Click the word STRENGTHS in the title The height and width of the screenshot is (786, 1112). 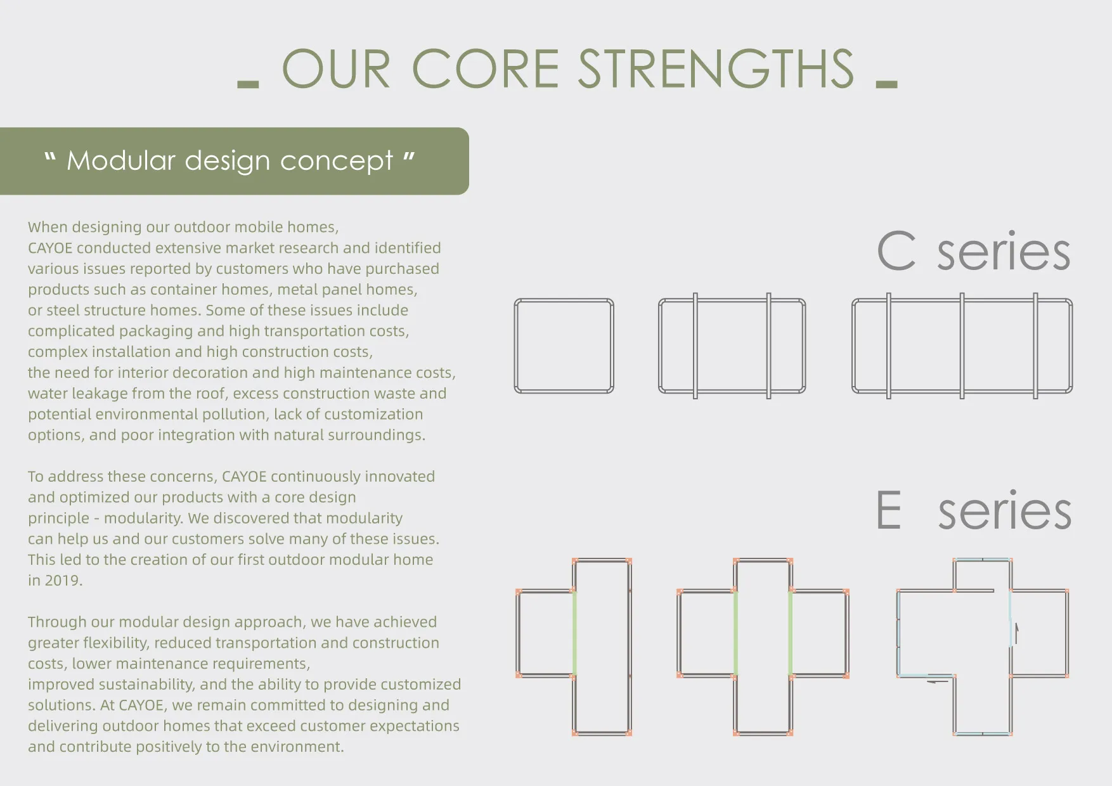click(x=716, y=69)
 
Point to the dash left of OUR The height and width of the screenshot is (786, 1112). click(x=248, y=84)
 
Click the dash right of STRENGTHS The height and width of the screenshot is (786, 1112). click(x=886, y=84)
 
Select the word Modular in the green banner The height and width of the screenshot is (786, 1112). click(x=120, y=161)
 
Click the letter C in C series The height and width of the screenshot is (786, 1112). click(x=896, y=252)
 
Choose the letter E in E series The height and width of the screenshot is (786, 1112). click(x=889, y=510)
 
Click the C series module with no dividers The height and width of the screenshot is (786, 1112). click(x=564, y=346)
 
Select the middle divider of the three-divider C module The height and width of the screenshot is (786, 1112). click(x=962, y=346)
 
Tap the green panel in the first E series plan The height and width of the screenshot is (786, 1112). click(x=574, y=633)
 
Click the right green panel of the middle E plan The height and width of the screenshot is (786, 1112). click(x=790, y=633)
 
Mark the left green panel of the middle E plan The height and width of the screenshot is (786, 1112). click(x=735, y=633)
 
